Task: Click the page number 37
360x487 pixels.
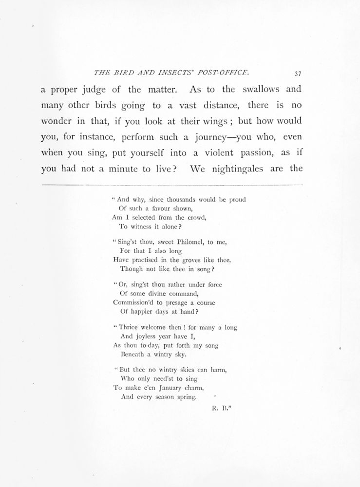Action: coord(298,74)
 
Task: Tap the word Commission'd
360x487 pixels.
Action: coord(134,302)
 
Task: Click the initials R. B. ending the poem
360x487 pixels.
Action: coord(220,410)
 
